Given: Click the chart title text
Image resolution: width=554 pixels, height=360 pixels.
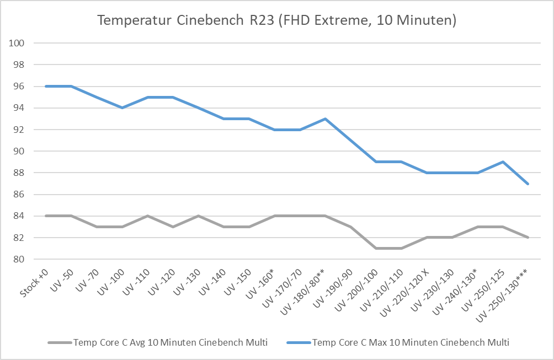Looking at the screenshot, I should pyautogui.click(x=276, y=21).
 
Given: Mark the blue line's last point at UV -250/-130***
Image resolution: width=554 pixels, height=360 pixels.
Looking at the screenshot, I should pyautogui.click(x=529, y=184).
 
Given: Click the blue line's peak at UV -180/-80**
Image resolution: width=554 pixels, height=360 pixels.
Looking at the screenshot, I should pyautogui.click(x=326, y=119).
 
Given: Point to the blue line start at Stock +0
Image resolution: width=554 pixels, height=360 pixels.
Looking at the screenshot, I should pyautogui.click(x=46, y=86).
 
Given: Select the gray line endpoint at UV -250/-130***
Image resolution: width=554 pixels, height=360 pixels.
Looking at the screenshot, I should pyautogui.click(x=529, y=238).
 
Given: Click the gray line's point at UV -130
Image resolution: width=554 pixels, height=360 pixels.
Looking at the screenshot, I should pyautogui.click(x=198, y=216).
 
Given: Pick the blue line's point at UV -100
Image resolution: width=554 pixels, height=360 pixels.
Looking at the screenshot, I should pyautogui.click(x=122, y=108).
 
